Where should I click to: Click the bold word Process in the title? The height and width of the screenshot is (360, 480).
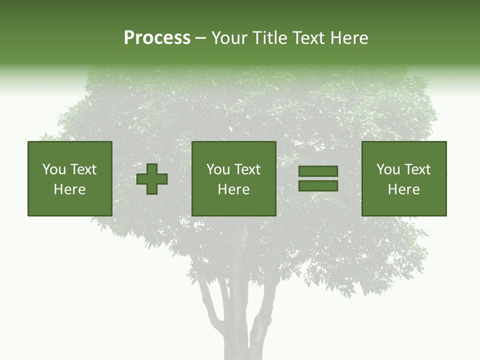click(x=157, y=38)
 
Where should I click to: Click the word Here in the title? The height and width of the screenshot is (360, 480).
click(x=350, y=38)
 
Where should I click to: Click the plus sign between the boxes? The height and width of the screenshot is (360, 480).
click(x=152, y=179)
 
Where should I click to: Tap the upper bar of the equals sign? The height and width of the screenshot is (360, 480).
click(x=318, y=171)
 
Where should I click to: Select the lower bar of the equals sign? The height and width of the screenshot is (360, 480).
click(x=318, y=185)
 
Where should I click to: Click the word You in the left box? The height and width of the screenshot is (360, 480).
click(x=54, y=169)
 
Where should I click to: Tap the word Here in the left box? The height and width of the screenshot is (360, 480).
click(x=69, y=189)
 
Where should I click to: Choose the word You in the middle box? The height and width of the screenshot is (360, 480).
click(x=218, y=169)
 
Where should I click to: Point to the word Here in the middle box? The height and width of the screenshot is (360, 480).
click(x=233, y=189)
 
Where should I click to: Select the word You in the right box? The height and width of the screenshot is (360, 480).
click(x=388, y=169)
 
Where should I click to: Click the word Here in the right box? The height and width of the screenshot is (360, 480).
click(x=403, y=189)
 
